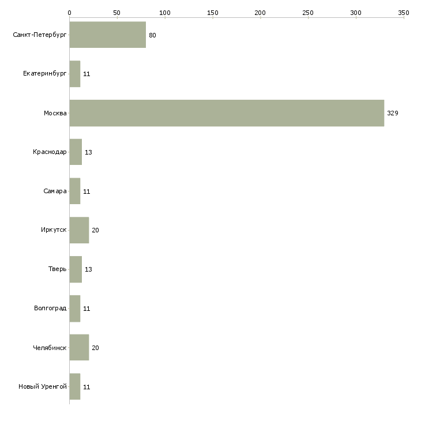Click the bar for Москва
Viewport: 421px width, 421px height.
pos(227,113)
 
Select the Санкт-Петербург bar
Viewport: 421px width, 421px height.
pos(108,35)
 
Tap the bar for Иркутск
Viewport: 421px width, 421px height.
pos(79,230)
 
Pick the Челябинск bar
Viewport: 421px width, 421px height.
pos(79,347)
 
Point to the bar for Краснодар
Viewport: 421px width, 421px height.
pos(76,152)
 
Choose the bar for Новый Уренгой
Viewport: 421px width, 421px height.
pos(75,386)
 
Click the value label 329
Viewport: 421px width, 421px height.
pos(393,113)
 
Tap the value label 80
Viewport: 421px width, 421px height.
pos(152,35)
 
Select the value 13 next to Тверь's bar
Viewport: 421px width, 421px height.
pos(88,269)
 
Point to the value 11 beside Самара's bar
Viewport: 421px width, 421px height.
pos(87,191)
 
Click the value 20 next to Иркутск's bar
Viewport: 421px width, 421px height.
pos(95,230)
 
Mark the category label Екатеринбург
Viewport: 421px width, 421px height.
pos(44,74)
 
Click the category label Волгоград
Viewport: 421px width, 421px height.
pos(50,308)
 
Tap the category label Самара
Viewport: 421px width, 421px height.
pos(55,191)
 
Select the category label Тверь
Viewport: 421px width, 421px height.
pos(57,269)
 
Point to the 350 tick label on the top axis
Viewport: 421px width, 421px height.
pos(404,13)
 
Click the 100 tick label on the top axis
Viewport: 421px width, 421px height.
pos(165,13)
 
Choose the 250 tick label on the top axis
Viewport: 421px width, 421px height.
pos(308,13)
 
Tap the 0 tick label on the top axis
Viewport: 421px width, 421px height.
pos(70,13)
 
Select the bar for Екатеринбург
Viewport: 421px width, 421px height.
pos(75,74)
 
